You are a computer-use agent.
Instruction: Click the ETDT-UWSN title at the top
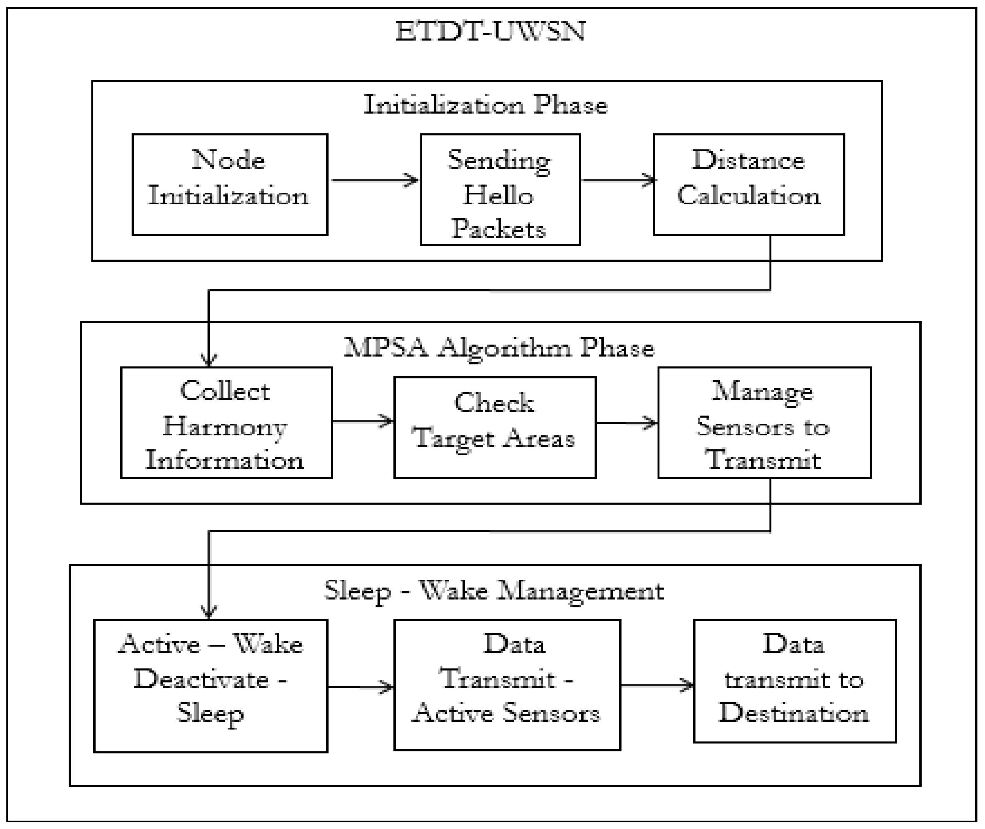[x=490, y=32]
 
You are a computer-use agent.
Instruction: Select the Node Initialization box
[x=230, y=184]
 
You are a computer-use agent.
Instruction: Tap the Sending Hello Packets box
[x=500, y=189]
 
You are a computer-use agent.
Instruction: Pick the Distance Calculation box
[x=748, y=184]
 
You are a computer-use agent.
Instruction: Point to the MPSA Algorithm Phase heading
[x=499, y=348]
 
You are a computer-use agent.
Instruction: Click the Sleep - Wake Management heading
[x=494, y=590]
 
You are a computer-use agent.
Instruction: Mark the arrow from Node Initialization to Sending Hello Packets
[x=374, y=179]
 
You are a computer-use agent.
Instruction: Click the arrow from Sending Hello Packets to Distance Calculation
[x=617, y=179]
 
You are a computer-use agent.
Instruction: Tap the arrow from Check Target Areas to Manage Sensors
[x=626, y=422]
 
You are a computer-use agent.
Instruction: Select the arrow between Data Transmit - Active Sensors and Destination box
[x=657, y=685]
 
